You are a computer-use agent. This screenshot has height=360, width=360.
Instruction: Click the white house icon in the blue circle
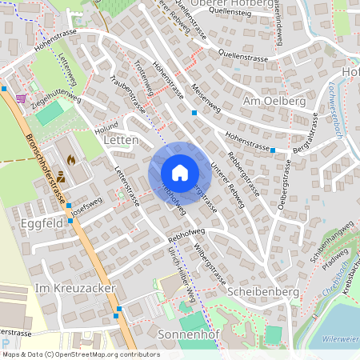(x=179, y=173)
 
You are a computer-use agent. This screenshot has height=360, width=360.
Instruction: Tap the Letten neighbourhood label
(x=121, y=140)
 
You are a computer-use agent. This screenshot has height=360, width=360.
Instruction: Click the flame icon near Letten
(x=71, y=159)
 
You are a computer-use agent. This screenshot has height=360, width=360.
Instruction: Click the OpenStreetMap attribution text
(x=81, y=354)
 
